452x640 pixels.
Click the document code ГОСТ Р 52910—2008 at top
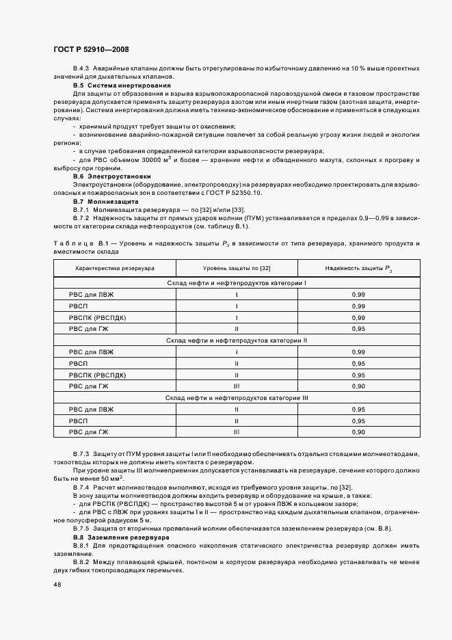click(91, 50)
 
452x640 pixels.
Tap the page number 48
click(57, 585)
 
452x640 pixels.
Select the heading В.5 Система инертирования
click(122, 85)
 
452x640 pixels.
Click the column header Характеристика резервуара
click(115, 269)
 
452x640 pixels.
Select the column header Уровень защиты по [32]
click(237, 269)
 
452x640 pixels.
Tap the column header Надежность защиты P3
click(358, 269)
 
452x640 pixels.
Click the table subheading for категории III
click(237, 398)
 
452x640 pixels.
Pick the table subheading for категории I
click(237, 283)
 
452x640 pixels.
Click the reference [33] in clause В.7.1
click(238, 210)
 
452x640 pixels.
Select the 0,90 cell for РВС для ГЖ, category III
click(358, 432)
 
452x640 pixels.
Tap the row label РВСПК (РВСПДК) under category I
click(98, 317)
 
